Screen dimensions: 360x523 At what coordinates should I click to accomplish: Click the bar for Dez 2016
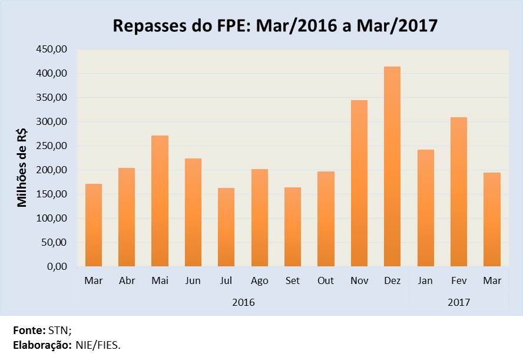point(392,167)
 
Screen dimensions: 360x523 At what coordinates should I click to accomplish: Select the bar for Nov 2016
point(359,183)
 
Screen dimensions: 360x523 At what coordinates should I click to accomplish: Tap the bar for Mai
point(160,201)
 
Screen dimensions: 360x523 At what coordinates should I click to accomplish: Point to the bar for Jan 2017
point(425,208)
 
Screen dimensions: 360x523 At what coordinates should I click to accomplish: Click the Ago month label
point(260,280)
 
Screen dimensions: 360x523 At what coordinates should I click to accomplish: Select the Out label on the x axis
point(326,280)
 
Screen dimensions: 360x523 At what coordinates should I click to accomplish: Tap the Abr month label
point(127,280)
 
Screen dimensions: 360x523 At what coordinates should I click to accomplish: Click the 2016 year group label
point(243,302)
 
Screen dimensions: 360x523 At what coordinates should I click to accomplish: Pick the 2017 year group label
point(459,302)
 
